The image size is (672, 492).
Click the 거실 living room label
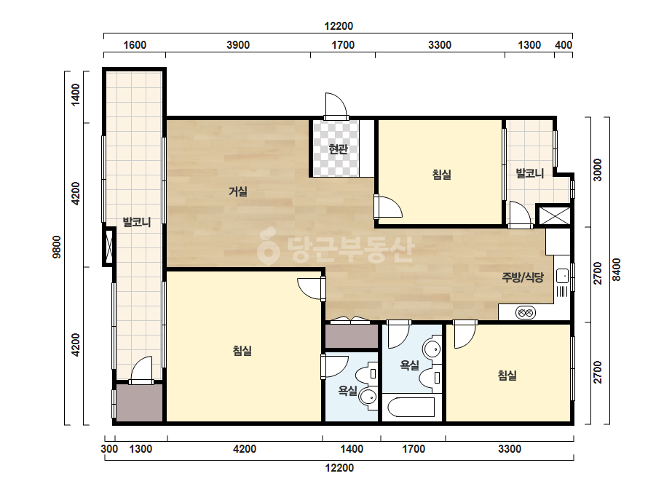[x=238, y=191]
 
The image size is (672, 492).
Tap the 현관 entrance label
[x=338, y=148]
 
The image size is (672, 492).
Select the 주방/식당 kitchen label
[x=523, y=277]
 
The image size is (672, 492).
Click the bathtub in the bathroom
[x=411, y=407]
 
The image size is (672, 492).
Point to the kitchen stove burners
[x=525, y=313]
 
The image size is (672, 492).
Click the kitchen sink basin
[x=562, y=276]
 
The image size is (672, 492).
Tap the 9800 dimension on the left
[x=57, y=247]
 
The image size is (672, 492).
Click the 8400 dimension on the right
[x=616, y=269]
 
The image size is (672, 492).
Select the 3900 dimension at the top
[x=238, y=45]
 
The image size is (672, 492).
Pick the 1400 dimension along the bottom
[x=352, y=449]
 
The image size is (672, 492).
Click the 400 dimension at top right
[x=563, y=45]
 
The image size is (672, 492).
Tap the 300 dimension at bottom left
[x=109, y=449]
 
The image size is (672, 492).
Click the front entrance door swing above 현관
[x=336, y=106]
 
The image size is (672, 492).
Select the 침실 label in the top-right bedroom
[x=441, y=175]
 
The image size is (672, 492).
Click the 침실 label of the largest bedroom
[x=242, y=351]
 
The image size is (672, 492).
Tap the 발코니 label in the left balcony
[x=137, y=222]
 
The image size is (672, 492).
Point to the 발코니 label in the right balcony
[x=530, y=173]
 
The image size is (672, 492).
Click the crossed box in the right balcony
[x=554, y=215]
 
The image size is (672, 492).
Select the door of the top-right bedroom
[x=388, y=207]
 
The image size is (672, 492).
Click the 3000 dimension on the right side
[x=598, y=170]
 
